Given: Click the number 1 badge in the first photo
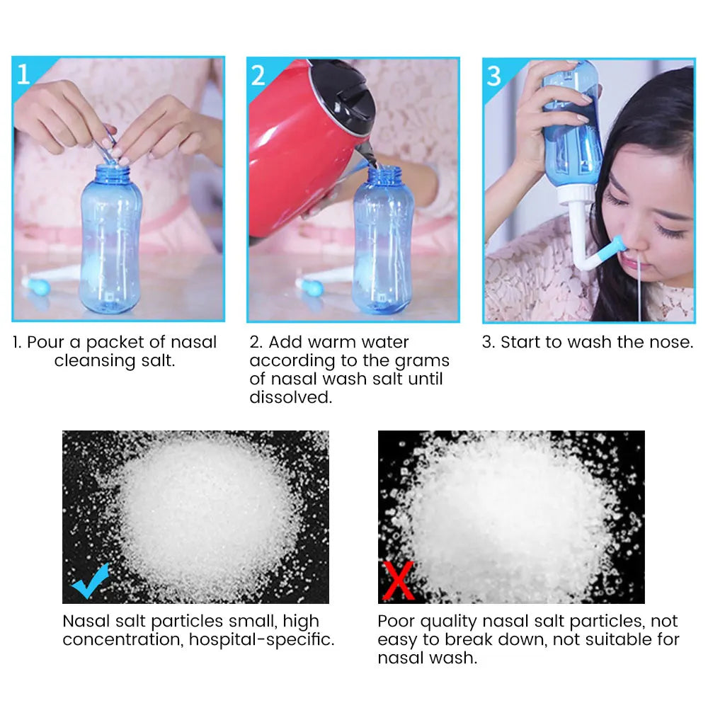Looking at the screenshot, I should (23, 74).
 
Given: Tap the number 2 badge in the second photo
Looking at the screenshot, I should (258, 74).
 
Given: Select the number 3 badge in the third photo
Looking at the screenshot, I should (494, 76).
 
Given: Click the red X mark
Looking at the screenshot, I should (398, 581).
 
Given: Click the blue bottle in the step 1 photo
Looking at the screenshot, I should (109, 241).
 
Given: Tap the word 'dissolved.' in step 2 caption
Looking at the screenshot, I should (290, 398).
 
